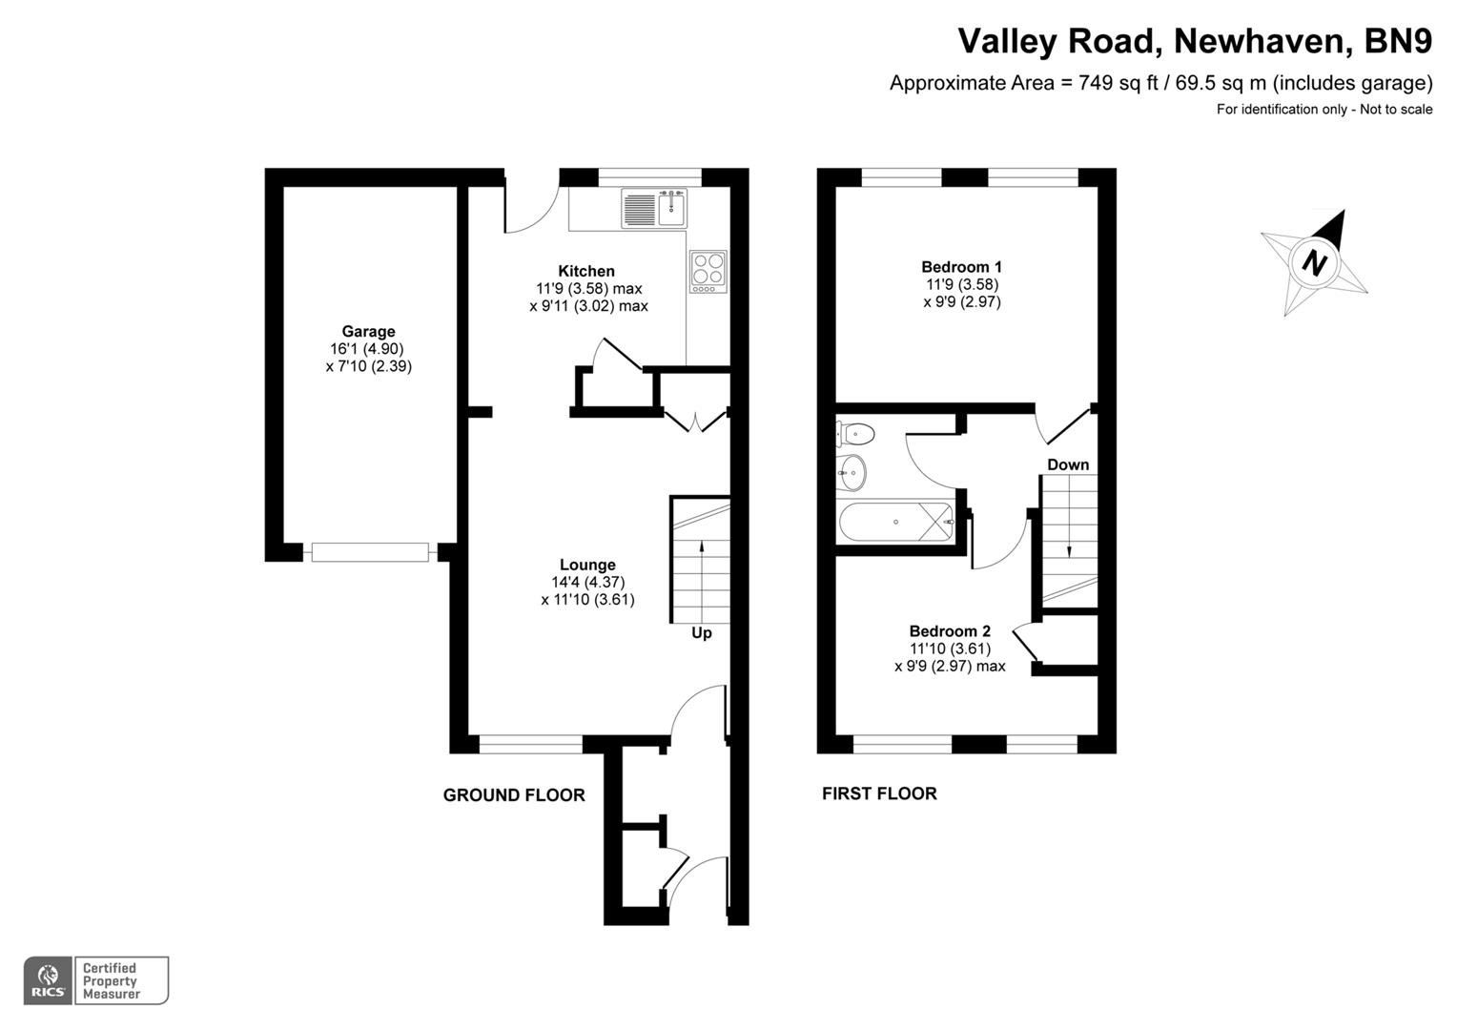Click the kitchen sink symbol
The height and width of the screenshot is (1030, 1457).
click(655, 208)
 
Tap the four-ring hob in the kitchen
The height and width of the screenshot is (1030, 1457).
click(708, 271)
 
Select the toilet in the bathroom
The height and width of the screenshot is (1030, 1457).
click(853, 434)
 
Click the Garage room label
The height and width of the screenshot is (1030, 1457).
click(368, 332)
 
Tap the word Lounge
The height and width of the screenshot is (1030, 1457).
click(587, 565)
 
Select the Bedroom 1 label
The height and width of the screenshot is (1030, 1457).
click(961, 267)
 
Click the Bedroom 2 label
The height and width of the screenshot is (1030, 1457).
click(950, 631)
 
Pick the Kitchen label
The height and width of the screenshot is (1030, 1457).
click(586, 271)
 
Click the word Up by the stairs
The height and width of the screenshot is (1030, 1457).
click(701, 633)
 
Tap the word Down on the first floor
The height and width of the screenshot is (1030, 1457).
click(1068, 465)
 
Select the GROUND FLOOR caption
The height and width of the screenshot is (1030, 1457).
click(514, 795)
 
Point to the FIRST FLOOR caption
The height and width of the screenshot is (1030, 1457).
click(879, 793)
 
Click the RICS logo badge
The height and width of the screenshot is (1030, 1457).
click(48, 980)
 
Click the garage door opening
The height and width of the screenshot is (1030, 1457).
click(370, 552)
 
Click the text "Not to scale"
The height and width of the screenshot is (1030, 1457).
click(1396, 109)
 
